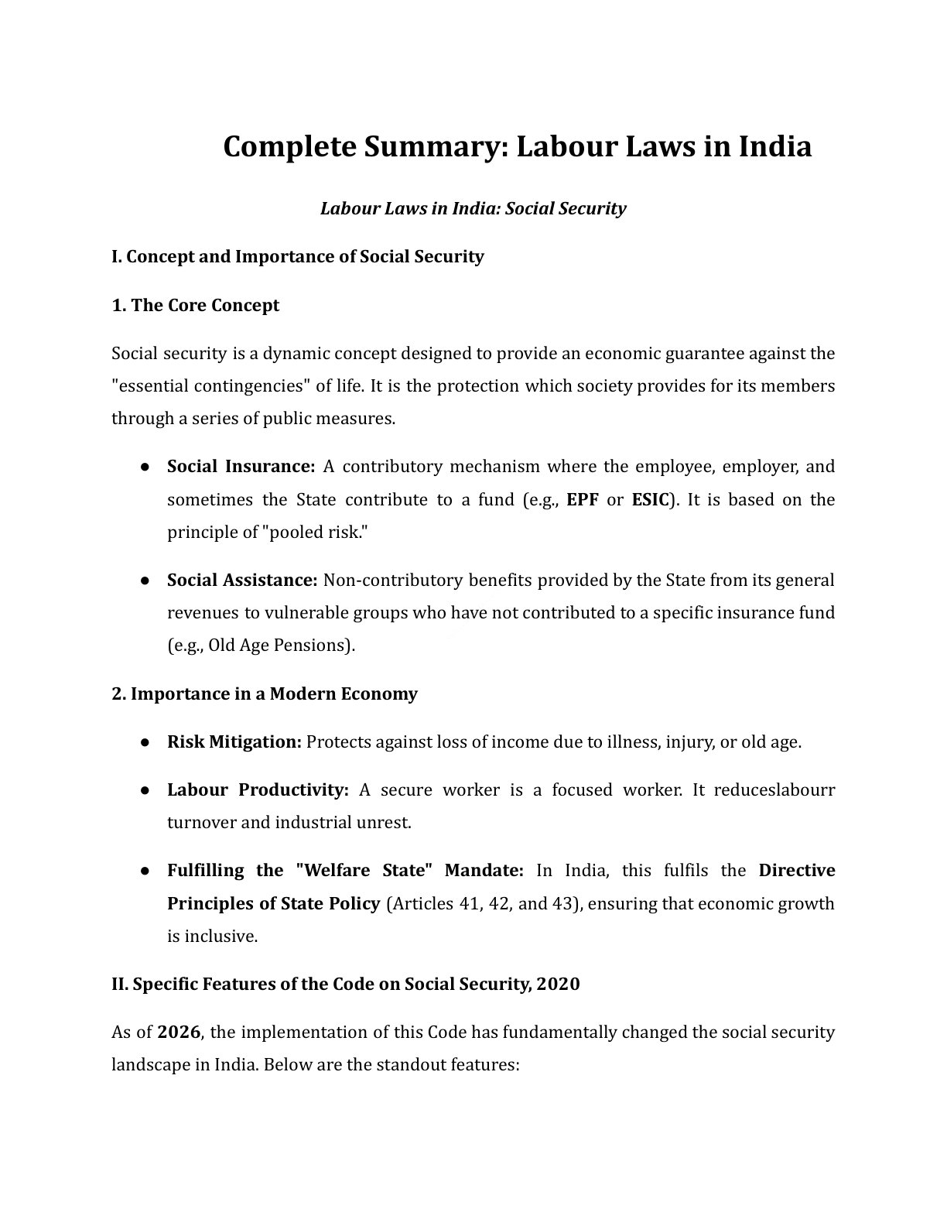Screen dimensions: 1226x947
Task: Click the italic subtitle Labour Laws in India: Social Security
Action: tap(473, 208)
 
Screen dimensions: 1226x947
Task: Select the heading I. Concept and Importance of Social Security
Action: tap(297, 256)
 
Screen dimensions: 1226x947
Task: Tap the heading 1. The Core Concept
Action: tap(195, 305)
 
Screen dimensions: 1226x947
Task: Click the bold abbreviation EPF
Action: tap(582, 499)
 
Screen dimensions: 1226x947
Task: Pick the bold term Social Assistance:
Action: tap(242, 580)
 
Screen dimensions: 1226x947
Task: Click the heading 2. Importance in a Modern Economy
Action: tap(264, 693)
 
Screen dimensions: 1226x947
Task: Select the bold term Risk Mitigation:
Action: tap(234, 741)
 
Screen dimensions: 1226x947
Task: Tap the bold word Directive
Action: tap(796, 870)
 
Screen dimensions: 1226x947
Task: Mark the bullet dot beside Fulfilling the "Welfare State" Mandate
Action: tap(145, 871)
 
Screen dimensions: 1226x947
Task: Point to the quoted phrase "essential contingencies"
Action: tap(211, 385)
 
